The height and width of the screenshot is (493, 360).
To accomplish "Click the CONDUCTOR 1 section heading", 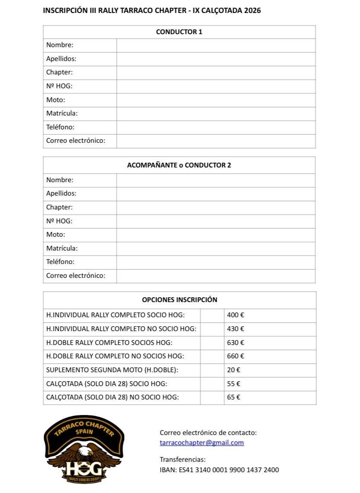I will [179, 32].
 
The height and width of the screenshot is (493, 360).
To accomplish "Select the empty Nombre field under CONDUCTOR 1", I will [215, 45].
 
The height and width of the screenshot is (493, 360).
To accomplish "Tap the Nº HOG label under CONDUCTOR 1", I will [59, 86].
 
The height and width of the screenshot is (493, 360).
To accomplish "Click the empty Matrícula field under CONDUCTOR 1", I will [215, 113].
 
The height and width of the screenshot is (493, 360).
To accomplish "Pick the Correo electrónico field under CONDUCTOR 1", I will [215, 141].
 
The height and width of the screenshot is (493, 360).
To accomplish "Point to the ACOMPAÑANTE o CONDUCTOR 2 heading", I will [179, 165].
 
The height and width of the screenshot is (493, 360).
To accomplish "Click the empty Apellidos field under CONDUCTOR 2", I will [215, 193].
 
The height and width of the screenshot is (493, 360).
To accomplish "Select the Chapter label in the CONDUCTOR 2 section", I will [59, 207].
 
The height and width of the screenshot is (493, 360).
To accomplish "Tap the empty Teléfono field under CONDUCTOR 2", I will [215, 262].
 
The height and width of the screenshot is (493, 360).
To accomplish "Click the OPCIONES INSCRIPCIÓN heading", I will [180, 300].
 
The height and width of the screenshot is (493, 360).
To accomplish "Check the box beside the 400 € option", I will [212, 315].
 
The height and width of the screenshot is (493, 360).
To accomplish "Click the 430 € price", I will [236, 329].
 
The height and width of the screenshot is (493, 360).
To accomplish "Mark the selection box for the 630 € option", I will [212, 343].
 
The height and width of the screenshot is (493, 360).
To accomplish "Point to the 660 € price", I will [236, 356].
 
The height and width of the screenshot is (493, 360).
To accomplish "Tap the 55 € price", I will [234, 384].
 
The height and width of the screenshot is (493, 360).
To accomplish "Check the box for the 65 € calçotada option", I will [212, 397].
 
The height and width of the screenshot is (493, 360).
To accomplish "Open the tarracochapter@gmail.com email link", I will [202, 443].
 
